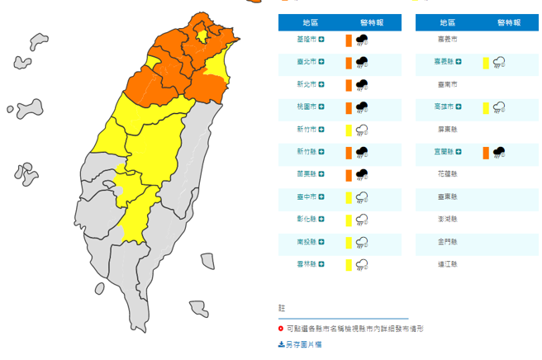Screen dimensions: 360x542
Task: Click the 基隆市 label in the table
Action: pos(306,39)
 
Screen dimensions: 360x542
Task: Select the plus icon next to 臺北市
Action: pos(322,62)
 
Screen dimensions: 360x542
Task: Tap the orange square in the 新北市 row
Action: pos(349,84)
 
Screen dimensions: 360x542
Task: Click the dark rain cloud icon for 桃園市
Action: pos(361,107)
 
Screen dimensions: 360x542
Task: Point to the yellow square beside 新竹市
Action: pos(349,130)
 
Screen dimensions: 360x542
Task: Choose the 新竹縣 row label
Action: pos(306,152)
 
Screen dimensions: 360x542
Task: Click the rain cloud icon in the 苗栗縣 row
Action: pos(361,174)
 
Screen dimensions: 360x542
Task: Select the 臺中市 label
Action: pos(306,197)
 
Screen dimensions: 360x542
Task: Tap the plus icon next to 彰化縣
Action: pos(322,220)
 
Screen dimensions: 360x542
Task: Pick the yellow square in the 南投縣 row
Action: pos(349,242)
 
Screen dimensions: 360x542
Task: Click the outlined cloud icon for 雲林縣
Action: pos(361,264)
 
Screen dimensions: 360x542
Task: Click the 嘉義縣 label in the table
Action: pos(447,62)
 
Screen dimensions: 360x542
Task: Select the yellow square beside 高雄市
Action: pos(486,107)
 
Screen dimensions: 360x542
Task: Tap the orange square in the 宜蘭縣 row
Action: pos(486,152)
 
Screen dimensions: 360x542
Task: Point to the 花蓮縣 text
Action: pos(447,174)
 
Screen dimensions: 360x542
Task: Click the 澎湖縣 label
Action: pos(447,220)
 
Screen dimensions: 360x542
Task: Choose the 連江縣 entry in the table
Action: pos(447,264)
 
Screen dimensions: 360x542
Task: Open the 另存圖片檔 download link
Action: pos(302,343)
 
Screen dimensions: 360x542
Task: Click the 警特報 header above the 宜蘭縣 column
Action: pos(509,22)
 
